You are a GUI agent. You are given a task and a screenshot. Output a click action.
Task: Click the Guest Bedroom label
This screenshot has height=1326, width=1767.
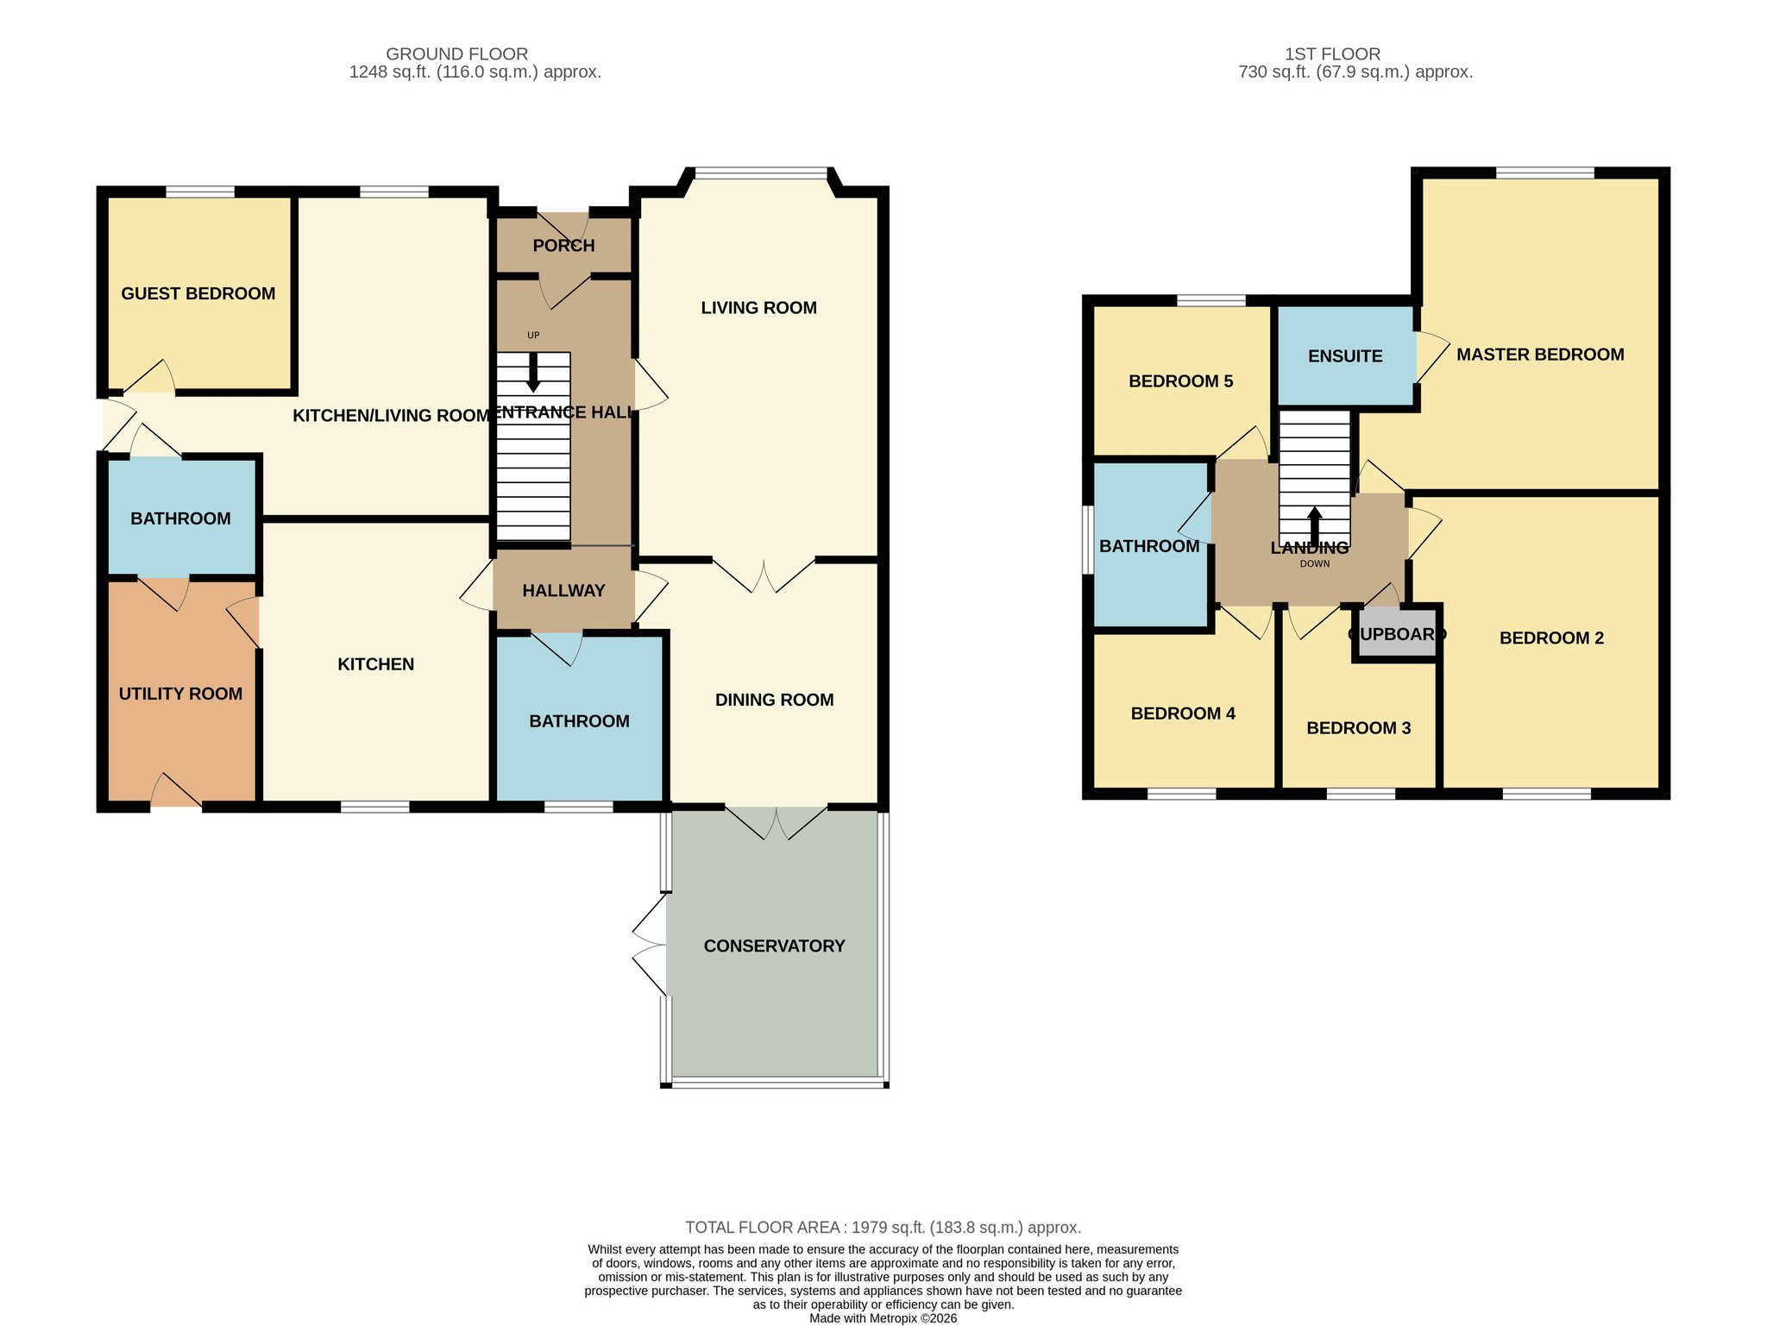tap(198, 293)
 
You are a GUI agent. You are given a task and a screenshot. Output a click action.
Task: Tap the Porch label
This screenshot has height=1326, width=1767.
tap(563, 246)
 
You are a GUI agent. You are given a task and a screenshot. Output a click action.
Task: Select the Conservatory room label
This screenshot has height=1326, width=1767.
tap(774, 946)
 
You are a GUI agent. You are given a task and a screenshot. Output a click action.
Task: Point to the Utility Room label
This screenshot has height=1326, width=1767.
tap(180, 694)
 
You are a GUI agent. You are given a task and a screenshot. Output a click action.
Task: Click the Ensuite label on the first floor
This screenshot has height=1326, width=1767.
tap(1345, 356)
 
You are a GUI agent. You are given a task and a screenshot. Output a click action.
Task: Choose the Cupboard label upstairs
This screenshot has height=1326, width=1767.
tap(1397, 634)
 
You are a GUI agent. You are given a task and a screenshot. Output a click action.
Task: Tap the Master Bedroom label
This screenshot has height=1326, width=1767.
tap(1540, 355)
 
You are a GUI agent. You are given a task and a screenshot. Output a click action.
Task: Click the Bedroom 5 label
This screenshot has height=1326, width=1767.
tap(1181, 381)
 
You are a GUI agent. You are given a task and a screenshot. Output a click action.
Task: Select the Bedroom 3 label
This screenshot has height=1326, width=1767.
tap(1359, 728)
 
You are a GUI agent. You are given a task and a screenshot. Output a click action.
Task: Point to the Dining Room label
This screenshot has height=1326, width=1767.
tap(774, 700)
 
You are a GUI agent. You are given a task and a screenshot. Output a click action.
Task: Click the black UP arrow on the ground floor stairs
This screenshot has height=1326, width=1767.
tap(533, 372)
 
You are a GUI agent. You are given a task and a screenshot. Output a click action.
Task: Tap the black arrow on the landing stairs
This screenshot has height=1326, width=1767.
tap(1315, 526)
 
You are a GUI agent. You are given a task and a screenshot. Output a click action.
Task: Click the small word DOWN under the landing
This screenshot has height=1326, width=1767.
tap(1315, 564)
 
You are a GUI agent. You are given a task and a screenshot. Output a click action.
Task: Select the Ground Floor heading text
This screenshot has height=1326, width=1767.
tap(457, 54)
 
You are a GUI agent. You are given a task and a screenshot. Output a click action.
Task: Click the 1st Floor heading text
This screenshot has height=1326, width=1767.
tap(1333, 54)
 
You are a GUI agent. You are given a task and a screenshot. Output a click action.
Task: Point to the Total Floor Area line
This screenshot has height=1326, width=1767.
tap(883, 1228)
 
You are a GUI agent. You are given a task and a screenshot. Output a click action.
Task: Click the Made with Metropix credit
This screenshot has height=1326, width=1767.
tap(883, 1318)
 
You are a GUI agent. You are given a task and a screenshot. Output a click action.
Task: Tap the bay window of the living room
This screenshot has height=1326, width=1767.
tap(762, 173)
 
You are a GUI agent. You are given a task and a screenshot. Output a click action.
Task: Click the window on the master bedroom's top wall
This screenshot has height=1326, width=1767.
tap(1544, 173)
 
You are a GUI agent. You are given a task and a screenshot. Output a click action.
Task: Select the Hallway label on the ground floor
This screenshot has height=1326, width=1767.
tap(563, 591)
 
